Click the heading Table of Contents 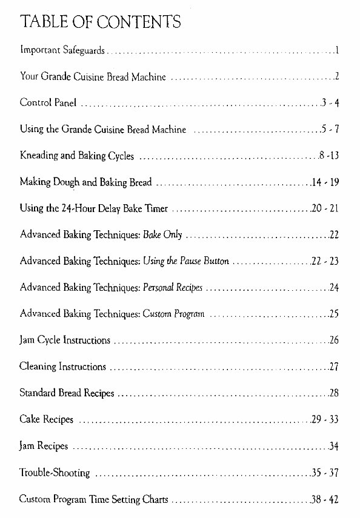pyautogui.click(x=100, y=23)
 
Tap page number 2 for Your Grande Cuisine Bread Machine pyautogui.click(x=335, y=77)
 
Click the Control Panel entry pyautogui.click(x=48, y=104)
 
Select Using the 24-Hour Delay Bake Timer pyautogui.click(x=93, y=208)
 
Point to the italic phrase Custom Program pyautogui.click(x=173, y=313)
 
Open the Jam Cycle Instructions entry pyautogui.click(x=65, y=340)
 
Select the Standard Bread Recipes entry pyautogui.click(x=67, y=393)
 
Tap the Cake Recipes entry pyautogui.click(x=46, y=419)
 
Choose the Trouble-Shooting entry pyautogui.click(x=55, y=473)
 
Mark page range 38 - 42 pyautogui.click(x=324, y=499)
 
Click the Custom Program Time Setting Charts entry pyautogui.click(x=93, y=499)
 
